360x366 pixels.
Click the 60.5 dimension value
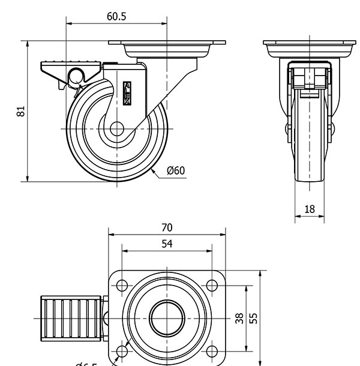116,17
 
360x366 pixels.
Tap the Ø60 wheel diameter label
176,170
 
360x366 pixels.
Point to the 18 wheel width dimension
310,209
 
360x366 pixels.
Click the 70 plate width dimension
167,227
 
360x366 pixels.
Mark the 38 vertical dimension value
239,318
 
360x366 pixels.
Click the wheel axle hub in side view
116,130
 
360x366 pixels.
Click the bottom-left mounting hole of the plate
122,351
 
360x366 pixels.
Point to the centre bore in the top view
166,318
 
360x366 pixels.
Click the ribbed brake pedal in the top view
71,317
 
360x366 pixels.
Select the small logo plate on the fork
127,94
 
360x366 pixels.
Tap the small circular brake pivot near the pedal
76,77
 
